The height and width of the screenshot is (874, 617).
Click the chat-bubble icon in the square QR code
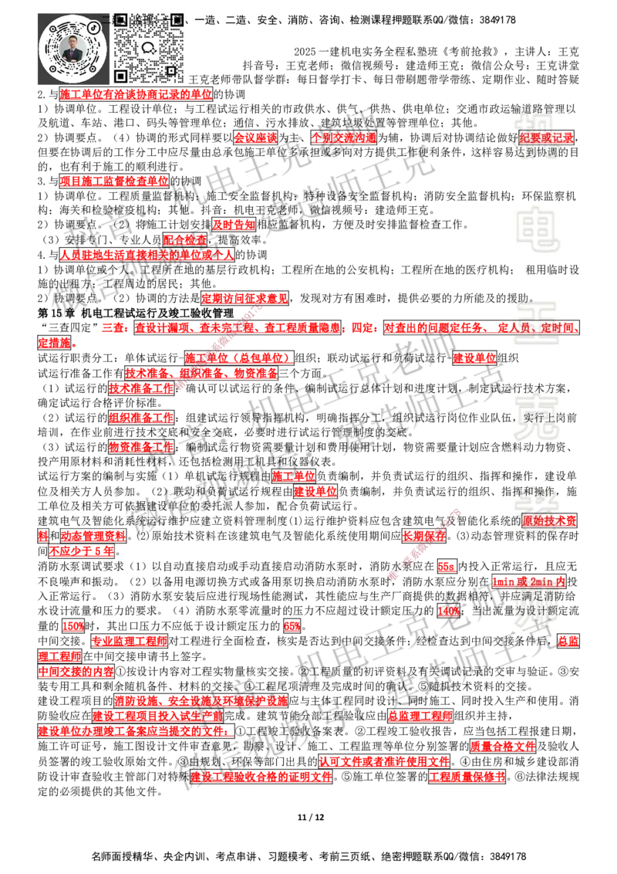click(149, 47)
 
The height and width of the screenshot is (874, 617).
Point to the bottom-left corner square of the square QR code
click(120, 76)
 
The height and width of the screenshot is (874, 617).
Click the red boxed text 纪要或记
click(546, 137)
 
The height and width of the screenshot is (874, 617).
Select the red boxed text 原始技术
click(549, 520)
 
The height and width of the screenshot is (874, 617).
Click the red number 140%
click(448, 611)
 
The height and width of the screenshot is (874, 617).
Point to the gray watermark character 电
click(540, 230)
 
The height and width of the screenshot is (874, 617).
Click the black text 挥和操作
click(535, 491)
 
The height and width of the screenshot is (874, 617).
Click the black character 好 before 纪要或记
click(511, 137)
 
